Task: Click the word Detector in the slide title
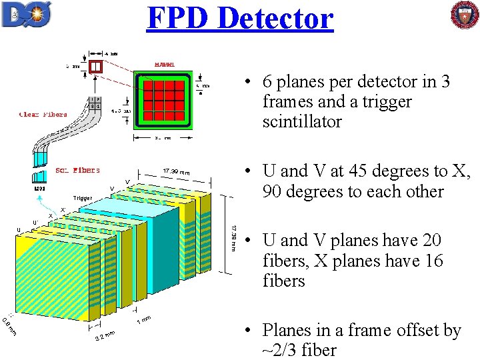tap(275, 18)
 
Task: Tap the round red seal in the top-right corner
tap(464, 15)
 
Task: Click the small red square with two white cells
tap(97, 66)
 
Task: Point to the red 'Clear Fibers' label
tap(43, 115)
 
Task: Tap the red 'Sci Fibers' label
tap(78, 170)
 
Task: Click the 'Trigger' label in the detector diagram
tap(83, 198)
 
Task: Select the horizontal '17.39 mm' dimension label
tap(177, 173)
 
